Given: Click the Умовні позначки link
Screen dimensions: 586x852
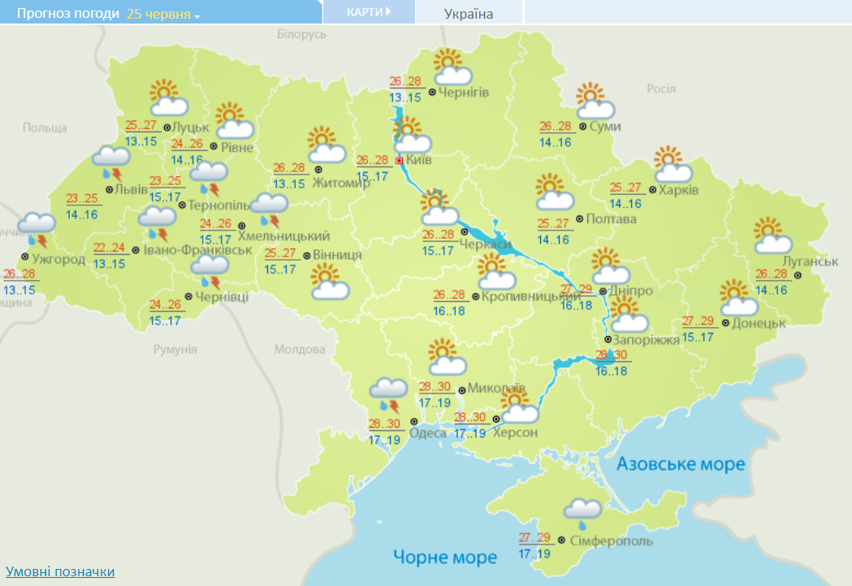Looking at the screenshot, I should [60, 571].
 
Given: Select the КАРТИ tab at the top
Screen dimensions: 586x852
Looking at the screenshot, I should [368, 12].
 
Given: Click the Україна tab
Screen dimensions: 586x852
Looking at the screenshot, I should [469, 14].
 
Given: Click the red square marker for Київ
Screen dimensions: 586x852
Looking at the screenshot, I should [399, 161].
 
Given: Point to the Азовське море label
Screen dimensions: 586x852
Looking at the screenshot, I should [680, 464].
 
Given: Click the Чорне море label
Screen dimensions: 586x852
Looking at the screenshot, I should [444, 558].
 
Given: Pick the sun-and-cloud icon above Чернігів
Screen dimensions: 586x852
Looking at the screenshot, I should [452, 67].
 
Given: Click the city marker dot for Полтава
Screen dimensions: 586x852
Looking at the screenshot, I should [579, 218].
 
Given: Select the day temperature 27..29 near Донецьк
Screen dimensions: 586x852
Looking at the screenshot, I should [697, 321].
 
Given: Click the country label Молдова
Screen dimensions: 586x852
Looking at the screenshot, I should [300, 350].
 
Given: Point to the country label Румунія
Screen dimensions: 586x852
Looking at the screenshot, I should [175, 349].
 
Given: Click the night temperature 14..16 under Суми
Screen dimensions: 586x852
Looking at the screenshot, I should [556, 143].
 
